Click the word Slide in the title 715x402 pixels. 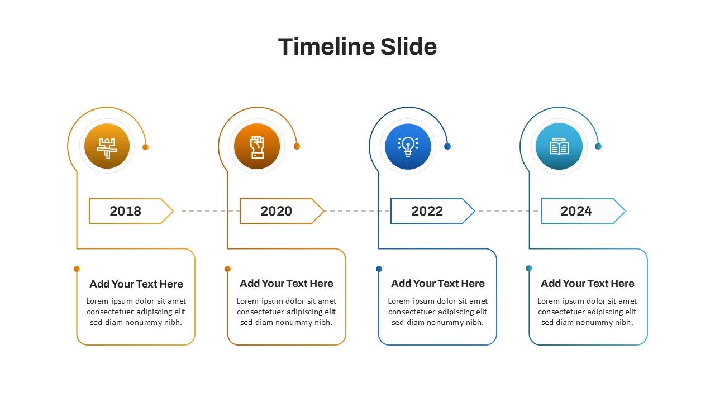click(408, 46)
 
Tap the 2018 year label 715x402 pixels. click(126, 211)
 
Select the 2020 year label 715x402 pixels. click(276, 211)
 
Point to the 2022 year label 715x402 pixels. click(427, 211)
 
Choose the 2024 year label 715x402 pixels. click(576, 211)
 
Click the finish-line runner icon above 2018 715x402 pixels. click(107, 148)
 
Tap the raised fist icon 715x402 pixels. click(257, 147)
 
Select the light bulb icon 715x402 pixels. click(408, 146)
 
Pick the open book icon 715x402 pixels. click(559, 146)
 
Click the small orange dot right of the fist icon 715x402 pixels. click(297, 146)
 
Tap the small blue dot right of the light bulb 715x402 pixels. click(447, 146)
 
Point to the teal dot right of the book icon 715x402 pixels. click(598, 146)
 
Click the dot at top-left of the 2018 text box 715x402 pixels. click(77, 269)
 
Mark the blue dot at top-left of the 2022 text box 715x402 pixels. click(379, 269)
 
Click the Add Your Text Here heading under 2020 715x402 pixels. click(287, 283)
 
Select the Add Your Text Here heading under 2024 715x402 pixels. click(587, 283)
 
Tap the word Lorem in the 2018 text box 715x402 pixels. click(97, 301)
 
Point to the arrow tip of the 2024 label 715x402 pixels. click(625, 211)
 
